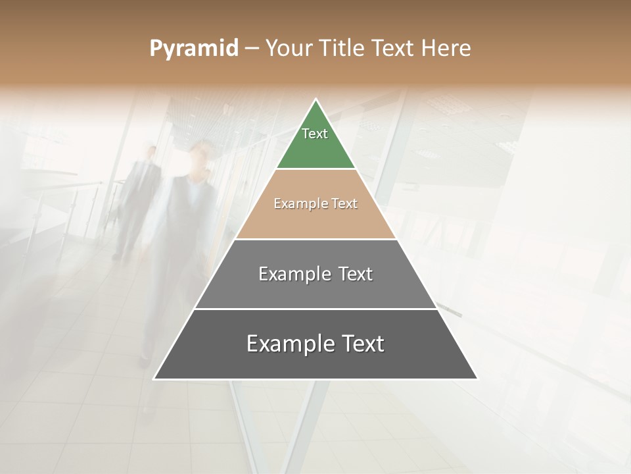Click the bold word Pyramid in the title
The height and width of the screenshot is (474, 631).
point(194,49)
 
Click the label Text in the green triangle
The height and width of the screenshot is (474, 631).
point(315,134)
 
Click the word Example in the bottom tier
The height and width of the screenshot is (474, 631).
point(285,344)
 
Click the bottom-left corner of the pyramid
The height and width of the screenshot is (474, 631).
point(154,379)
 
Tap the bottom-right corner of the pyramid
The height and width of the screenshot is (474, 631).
point(477,379)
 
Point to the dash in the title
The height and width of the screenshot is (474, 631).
point(251,48)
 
